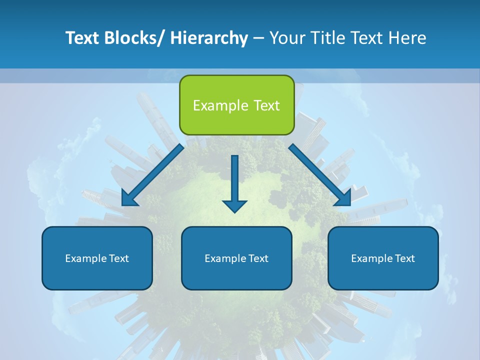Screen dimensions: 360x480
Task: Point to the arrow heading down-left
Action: point(152,175)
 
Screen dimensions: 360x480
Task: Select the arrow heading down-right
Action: point(320,175)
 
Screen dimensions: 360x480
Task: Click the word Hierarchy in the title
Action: point(209,38)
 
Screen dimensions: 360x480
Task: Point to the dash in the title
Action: point(258,38)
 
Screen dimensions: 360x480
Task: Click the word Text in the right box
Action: point(404,258)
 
